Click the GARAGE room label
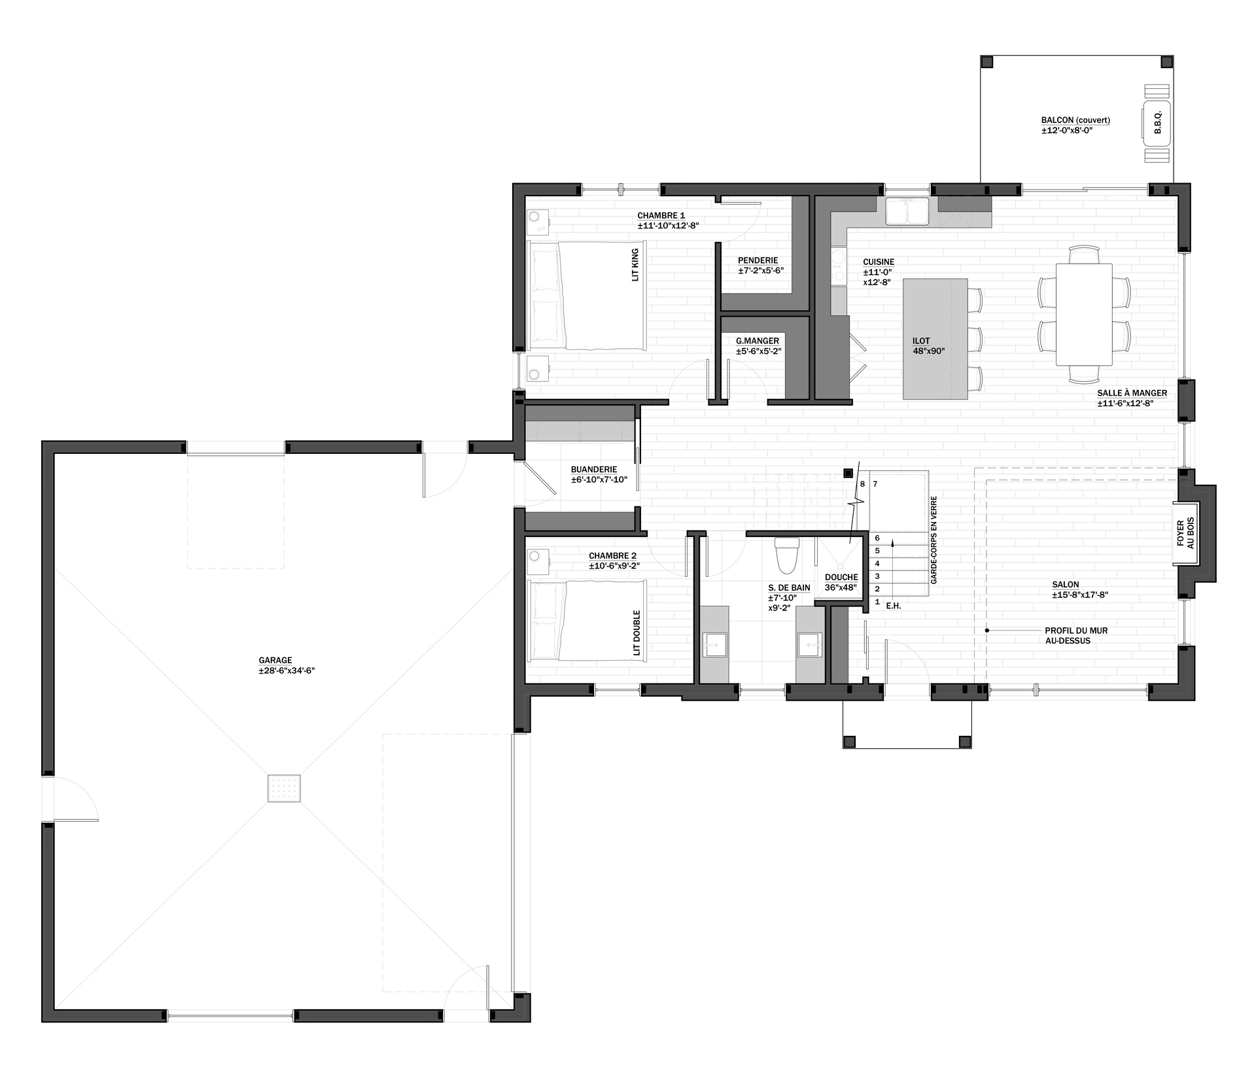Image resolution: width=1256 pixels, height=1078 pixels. (x=275, y=661)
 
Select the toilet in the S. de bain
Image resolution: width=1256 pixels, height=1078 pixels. (x=786, y=555)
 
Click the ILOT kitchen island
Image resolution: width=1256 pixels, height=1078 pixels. (x=935, y=339)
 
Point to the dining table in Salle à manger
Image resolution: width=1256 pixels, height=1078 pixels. (x=1084, y=315)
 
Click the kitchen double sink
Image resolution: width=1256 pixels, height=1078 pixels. (x=907, y=211)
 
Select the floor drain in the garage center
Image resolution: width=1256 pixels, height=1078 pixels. (x=284, y=788)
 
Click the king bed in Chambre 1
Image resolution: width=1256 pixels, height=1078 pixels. (x=587, y=296)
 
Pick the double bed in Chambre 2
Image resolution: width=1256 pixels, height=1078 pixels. (x=587, y=621)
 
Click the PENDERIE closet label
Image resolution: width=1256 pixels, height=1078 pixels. (x=758, y=260)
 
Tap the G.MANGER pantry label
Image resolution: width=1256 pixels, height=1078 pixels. (x=758, y=341)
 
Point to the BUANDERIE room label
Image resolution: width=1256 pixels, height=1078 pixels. (x=594, y=470)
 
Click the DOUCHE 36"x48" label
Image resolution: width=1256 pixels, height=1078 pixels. (x=841, y=582)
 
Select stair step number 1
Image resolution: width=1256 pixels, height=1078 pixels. (x=877, y=601)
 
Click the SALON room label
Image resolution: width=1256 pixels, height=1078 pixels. (x=1066, y=585)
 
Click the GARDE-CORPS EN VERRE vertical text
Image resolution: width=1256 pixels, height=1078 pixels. (x=933, y=540)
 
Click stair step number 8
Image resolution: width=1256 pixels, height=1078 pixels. (x=862, y=484)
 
